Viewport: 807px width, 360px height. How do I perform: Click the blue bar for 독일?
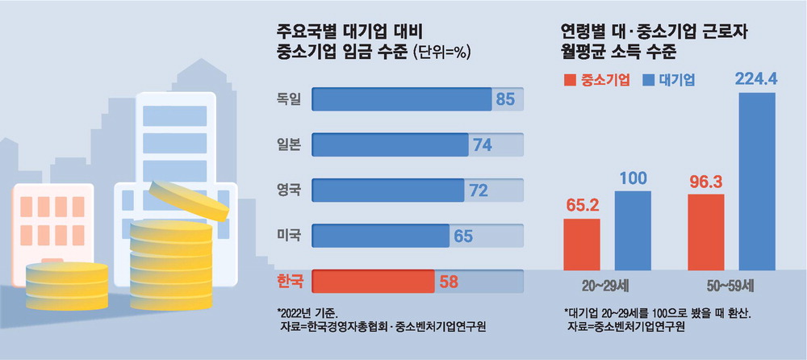point(401,99)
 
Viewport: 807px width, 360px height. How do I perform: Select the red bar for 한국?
point(373,281)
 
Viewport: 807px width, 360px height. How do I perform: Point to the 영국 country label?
point(288,190)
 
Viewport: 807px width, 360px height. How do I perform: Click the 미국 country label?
point(288,236)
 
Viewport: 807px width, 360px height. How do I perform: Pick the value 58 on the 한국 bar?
point(448,281)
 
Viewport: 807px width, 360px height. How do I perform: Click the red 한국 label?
point(289,281)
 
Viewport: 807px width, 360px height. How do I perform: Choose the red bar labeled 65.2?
point(582,243)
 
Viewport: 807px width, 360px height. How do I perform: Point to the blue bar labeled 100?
point(633,230)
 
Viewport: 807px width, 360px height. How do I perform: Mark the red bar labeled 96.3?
point(706,230)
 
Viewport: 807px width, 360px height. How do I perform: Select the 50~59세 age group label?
point(732,285)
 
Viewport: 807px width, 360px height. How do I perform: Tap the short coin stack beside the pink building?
point(66,283)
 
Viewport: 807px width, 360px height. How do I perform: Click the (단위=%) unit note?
point(441,54)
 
